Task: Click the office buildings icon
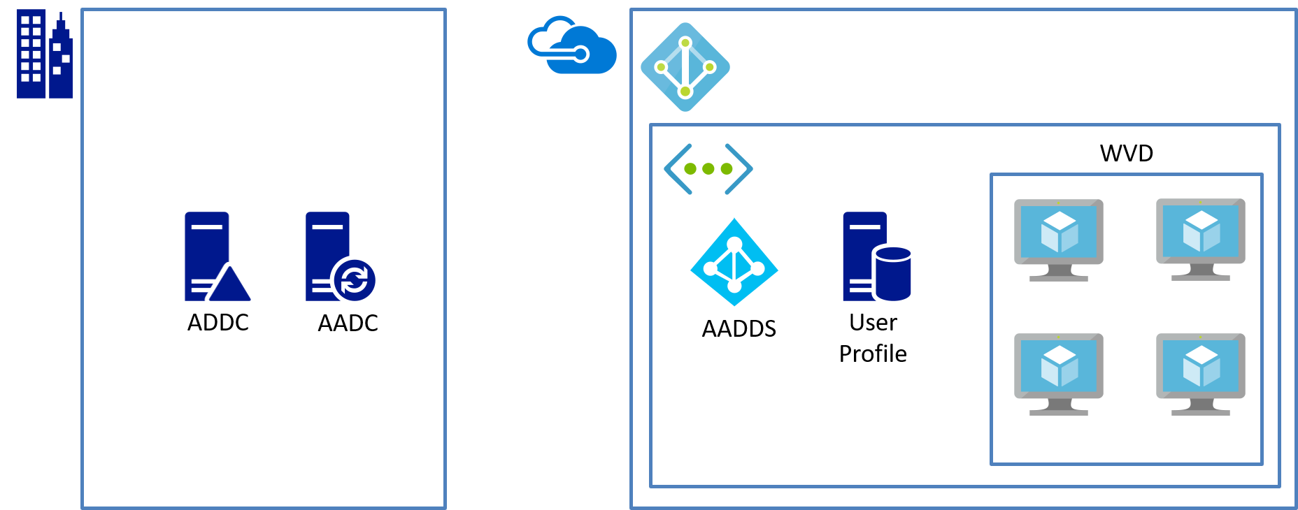[44, 54]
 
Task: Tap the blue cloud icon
[572, 46]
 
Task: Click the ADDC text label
[218, 323]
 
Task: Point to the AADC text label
[348, 323]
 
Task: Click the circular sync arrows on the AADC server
[354, 280]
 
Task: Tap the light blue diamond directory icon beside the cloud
[685, 67]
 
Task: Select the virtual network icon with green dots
[708, 169]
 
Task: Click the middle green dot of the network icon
[708, 169]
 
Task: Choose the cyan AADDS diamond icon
[734, 263]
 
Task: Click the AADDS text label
[739, 329]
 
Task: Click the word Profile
[873, 354]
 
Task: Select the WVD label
[1126, 153]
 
